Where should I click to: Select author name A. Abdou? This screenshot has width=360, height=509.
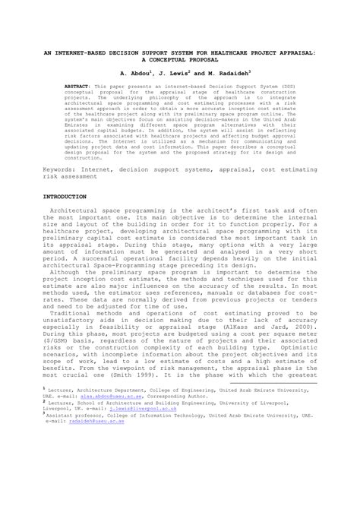point(134,75)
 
